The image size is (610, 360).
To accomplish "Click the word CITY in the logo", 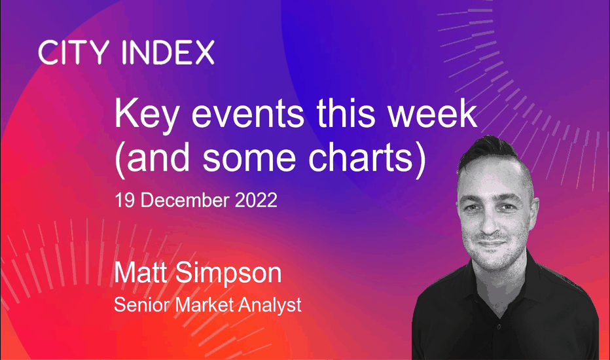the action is point(74,52).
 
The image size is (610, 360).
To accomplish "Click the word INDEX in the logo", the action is point(168,52).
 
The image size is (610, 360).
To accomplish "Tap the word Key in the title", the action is point(147,115).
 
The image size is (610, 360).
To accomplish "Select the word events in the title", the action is point(248,114).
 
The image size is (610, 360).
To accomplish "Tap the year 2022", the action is point(256,200).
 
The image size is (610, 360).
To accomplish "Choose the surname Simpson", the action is point(228,275).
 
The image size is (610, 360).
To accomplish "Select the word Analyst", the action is point(270,306).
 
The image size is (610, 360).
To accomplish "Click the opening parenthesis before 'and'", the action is point(120,160).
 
